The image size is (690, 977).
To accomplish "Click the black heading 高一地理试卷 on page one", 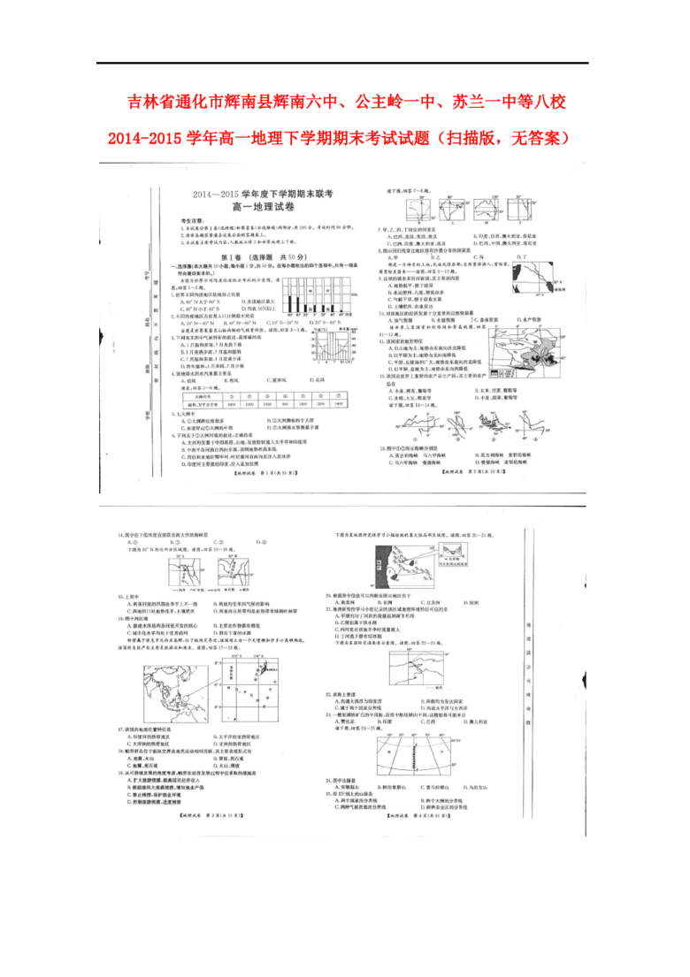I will [x=257, y=206].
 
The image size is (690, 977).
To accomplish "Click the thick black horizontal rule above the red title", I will [x=342, y=63].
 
